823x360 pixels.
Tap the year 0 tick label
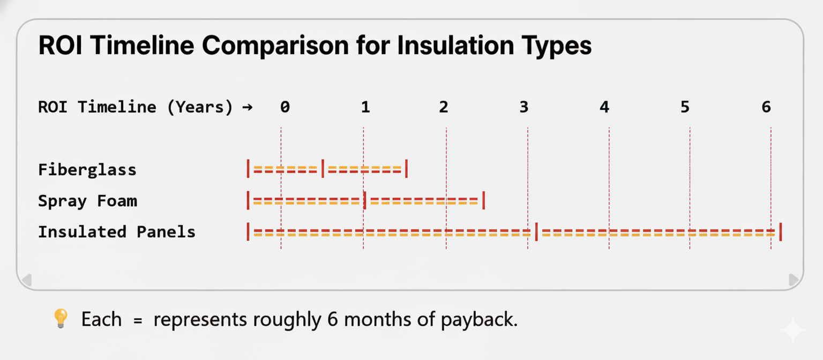[x=285, y=107]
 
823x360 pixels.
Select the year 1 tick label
[x=365, y=107]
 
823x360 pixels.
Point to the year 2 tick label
[x=444, y=107]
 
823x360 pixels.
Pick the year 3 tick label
[x=524, y=107]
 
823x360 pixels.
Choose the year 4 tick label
[x=604, y=107]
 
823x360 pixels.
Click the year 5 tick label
[x=685, y=107]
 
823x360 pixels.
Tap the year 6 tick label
[x=766, y=107]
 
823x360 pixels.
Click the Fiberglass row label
[x=87, y=170]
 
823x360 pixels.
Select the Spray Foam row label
[x=87, y=201]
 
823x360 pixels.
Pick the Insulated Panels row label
[x=116, y=232]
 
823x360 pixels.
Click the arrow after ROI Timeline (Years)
[x=247, y=107]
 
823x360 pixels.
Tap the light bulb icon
[x=61, y=319]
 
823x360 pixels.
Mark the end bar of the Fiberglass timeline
[x=406, y=169]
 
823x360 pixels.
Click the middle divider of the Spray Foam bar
[x=365, y=201]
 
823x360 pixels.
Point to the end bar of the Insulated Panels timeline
[x=780, y=232]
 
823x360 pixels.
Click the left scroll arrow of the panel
[x=26, y=280]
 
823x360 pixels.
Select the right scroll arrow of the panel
[x=795, y=280]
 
